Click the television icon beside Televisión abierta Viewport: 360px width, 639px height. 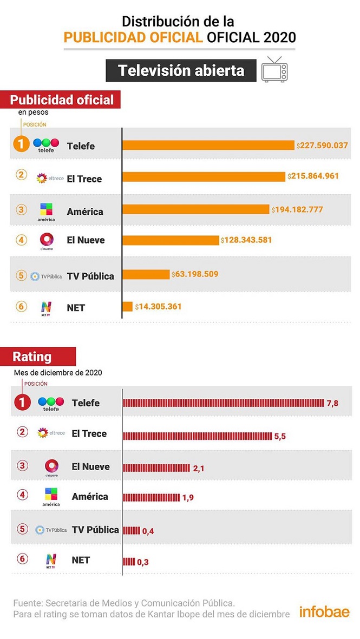tap(274, 69)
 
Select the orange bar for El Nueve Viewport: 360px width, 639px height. tap(171, 240)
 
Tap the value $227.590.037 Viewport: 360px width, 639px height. tap(322, 146)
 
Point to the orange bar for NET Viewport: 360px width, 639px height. tap(128, 306)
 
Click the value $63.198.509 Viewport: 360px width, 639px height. tap(195, 274)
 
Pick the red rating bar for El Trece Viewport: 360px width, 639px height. tap(197, 436)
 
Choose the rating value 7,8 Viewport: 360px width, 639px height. tap(333, 404)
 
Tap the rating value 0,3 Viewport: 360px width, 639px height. tap(143, 562)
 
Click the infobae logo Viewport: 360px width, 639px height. tap(325, 612)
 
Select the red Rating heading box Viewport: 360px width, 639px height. tap(44, 357)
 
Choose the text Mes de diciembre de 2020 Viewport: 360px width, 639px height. tap(57, 373)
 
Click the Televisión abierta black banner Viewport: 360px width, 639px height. tap(180, 70)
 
